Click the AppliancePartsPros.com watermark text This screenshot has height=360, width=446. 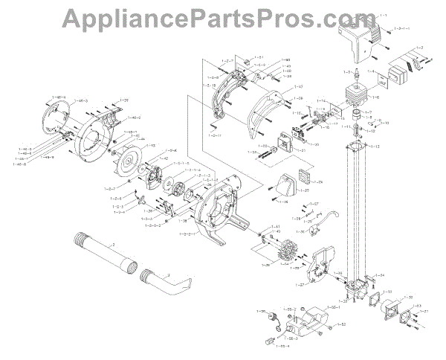point(223,16)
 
